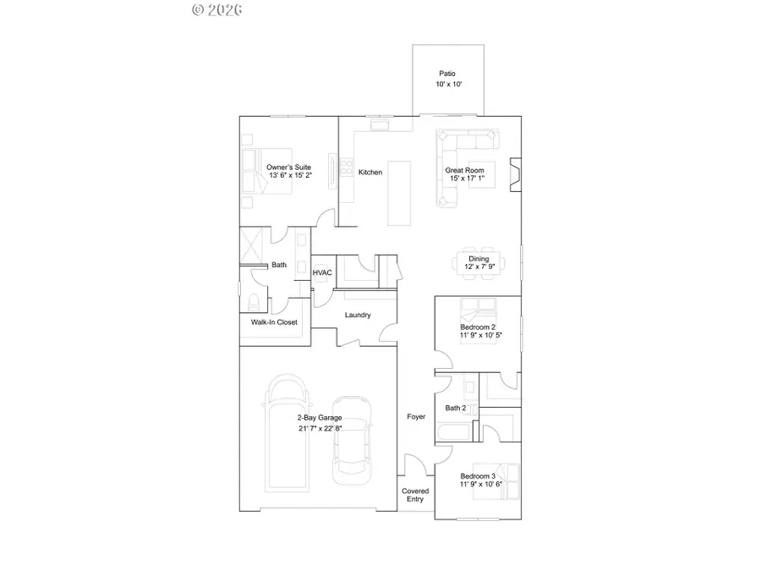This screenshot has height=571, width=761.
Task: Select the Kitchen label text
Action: tap(370, 173)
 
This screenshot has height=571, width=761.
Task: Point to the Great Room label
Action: tap(465, 171)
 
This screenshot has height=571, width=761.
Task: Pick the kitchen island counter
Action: tap(401, 192)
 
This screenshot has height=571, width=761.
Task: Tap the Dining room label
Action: tap(479, 260)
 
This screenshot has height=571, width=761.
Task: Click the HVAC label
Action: tap(322, 273)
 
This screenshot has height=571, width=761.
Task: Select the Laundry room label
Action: tap(358, 316)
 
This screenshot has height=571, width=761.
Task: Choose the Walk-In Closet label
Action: tap(274, 322)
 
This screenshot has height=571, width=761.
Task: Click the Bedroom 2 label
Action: tap(478, 327)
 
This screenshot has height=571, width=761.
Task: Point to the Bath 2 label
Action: tap(456, 409)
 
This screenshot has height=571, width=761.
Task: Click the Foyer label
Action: tap(416, 417)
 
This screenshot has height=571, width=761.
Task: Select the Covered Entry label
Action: tap(415, 495)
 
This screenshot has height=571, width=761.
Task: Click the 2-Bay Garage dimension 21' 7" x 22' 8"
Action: tap(320, 428)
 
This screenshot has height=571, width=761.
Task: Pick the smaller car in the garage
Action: tap(351, 440)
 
